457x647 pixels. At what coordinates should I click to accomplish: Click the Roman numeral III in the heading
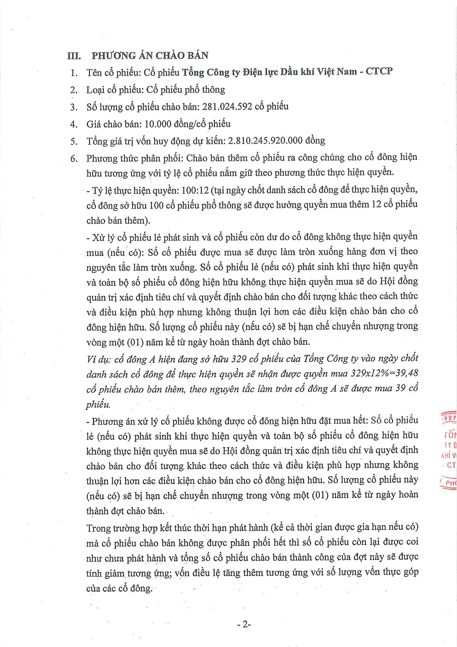pyautogui.click(x=74, y=56)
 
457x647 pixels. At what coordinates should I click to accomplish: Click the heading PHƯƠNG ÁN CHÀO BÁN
pyautogui.click(x=150, y=55)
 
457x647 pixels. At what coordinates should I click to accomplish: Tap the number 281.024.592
pyautogui.click(x=227, y=106)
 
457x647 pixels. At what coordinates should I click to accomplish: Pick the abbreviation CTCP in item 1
pyautogui.click(x=379, y=71)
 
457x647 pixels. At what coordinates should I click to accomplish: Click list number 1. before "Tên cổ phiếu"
pyautogui.click(x=74, y=72)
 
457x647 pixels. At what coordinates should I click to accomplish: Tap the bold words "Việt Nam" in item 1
pyautogui.click(x=338, y=71)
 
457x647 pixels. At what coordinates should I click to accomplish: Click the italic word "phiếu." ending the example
pyautogui.click(x=98, y=405)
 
